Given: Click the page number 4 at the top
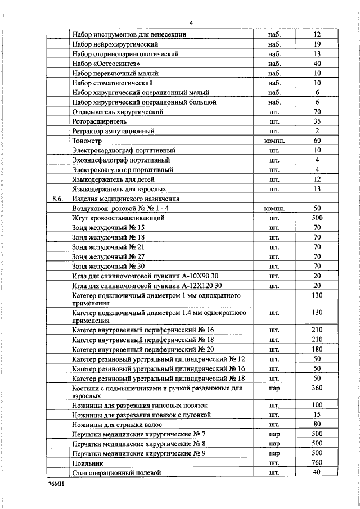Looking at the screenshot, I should pos(191,22).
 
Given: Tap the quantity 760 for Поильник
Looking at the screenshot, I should pos(317,463).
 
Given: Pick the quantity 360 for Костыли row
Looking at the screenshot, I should pos(317,388).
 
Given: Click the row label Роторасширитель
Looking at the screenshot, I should pos(100,121).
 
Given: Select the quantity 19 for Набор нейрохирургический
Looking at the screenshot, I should pos(317,44).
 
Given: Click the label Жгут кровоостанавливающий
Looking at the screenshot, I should pos(118,218).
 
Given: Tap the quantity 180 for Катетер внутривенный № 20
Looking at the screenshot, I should pos(317,349).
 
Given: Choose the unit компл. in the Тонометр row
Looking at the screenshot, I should pos(274,141).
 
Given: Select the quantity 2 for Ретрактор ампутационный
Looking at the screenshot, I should pos(317,131).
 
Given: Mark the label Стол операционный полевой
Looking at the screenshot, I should pos(117,473).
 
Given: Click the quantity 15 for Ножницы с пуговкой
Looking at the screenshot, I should pos(317,415).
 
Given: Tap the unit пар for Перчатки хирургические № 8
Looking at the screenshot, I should pos(274,444).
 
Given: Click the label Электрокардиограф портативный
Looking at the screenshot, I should pos(124,150).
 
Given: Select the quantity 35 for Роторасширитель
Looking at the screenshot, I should pos(317,121).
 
